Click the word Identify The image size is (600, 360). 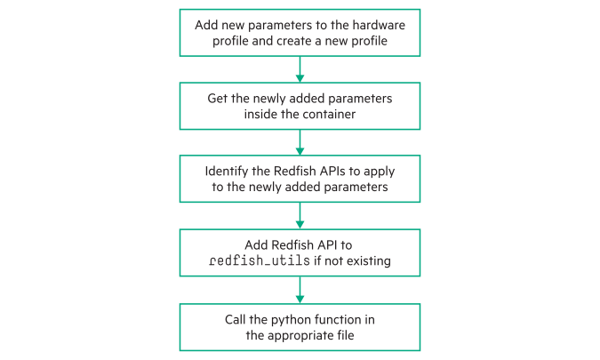tap(228, 171)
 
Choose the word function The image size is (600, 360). tap(344, 318)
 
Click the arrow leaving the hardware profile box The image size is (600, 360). tap(300, 68)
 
